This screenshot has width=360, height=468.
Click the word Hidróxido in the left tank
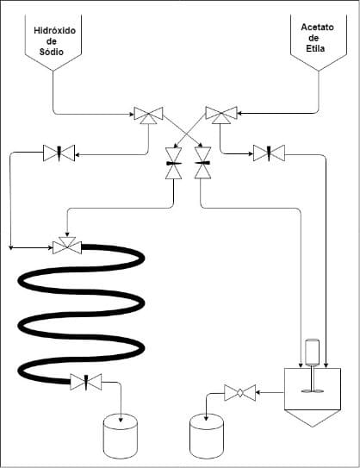(54, 31)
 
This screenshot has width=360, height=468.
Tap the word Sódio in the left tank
(52, 52)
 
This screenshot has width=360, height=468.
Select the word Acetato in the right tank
(317, 28)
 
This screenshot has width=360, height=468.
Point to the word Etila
(315, 48)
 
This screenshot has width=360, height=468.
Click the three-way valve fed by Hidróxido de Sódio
(148, 115)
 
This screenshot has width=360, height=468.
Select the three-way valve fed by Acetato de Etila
(221, 115)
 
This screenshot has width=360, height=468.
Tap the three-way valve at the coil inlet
(67, 246)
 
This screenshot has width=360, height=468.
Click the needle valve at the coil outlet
(86, 382)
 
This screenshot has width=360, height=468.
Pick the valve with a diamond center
(239, 393)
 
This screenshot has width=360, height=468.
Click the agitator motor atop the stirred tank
(312, 352)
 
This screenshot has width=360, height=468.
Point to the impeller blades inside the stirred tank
(313, 391)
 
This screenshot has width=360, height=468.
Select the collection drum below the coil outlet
(121, 436)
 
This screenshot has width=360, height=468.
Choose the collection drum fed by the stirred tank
(207, 436)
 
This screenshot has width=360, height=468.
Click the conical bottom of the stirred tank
(313, 418)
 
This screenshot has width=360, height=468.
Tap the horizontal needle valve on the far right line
(269, 153)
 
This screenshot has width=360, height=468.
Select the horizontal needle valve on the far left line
(59, 153)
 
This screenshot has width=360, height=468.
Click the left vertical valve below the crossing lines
(174, 163)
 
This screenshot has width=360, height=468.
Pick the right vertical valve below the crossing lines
(202, 163)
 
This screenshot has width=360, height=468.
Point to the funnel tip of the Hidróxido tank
(53, 71)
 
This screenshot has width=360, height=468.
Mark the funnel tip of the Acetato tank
(319, 71)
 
